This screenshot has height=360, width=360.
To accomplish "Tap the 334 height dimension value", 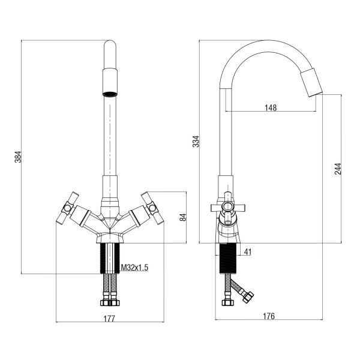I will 196,142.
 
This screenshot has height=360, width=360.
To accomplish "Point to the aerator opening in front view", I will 110,94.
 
